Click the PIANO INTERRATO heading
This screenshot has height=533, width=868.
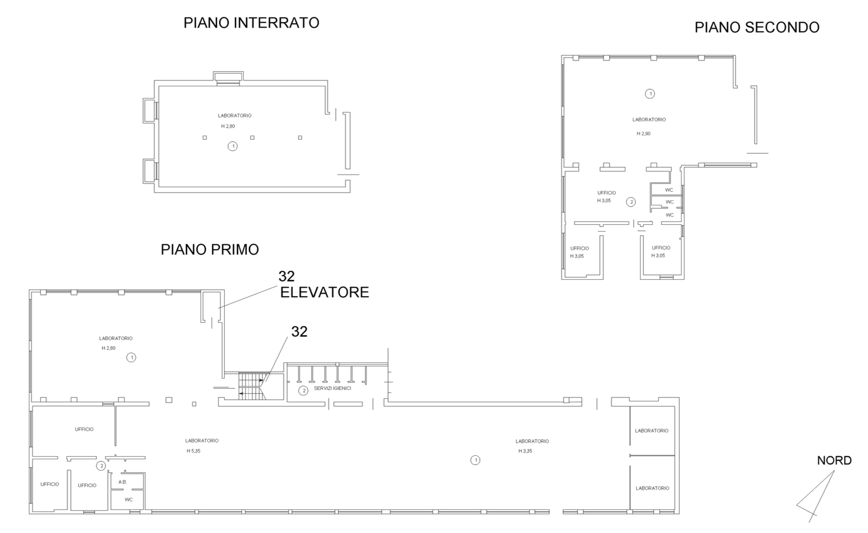(251, 23)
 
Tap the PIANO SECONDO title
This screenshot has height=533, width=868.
(757, 27)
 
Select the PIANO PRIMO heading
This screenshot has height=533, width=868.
(210, 250)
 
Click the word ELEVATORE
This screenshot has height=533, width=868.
(325, 292)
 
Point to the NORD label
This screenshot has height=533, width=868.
(834, 460)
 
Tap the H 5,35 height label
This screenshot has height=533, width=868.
(194, 451)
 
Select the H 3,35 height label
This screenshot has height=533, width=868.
(525, 451)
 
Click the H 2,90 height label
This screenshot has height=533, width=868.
(644, 133)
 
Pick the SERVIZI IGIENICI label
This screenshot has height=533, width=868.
(333, 388)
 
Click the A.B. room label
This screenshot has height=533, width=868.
(123, 482)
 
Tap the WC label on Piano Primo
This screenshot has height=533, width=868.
(128, 500)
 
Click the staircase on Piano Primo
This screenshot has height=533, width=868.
(252, 386)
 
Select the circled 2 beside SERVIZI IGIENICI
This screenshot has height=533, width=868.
(303, 391)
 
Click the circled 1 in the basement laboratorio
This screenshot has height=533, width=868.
(232, 146)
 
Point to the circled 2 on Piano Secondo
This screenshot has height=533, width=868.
(631, 202)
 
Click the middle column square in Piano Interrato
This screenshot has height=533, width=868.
(252, 138)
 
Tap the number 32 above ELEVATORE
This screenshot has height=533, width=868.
(287, 276)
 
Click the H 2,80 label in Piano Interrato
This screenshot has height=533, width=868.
(228, 126)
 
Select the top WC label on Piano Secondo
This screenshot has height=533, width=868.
(669, 190)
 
